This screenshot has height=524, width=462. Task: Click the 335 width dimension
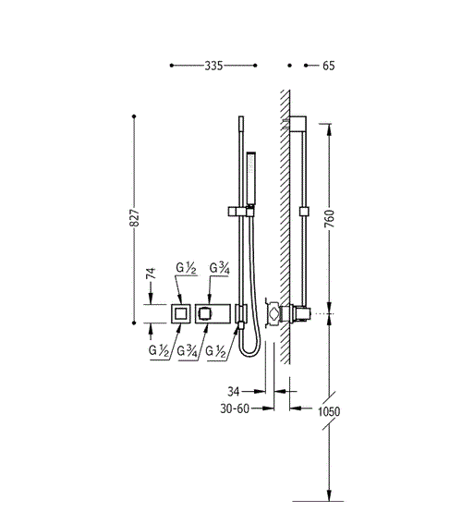click(x=213, y=66)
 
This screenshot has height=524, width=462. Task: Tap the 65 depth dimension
click(x=328, y=66)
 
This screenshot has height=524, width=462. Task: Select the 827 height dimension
click(x=134, y=218)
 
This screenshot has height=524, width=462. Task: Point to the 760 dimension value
click(x=329, y=218)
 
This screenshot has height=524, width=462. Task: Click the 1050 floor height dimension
click(x=329, y=411)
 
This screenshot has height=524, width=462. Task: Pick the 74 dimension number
click(x=151, y=274)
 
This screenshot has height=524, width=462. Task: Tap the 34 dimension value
click(x=234, y=391)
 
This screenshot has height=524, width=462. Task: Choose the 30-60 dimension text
click(x=235, y=408)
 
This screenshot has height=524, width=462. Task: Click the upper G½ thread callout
click(x=186, y=268)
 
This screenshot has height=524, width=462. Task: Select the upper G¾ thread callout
click(x=220, y=268)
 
